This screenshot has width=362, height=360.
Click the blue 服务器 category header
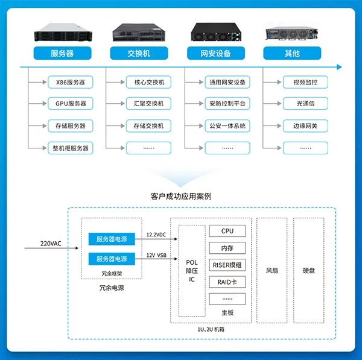point(62,53)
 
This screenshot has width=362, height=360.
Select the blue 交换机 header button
point(139,53)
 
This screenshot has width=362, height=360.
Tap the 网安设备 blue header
point(215,53)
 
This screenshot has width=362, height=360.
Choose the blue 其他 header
point(291,53)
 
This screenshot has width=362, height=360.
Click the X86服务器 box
point(70,82)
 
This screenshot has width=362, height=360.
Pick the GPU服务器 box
point(70,104)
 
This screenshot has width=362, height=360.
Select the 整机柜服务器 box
point(70,148)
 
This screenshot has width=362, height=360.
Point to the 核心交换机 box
point(148,82)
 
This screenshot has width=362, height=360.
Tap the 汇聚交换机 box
point(148,104)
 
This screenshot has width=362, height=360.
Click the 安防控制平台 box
point(227,104)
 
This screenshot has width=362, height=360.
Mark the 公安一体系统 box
point(227,126)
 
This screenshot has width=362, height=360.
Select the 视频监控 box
point(305,82)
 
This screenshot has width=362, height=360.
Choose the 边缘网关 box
point(305,126)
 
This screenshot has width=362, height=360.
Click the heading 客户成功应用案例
point(181,196)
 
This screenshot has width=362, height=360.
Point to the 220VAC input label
point(51,244)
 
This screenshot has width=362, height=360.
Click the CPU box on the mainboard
point(227,231)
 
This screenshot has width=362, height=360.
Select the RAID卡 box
point(227,282)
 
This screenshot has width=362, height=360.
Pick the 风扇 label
point(271,271)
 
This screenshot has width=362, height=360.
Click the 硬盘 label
point(309,271)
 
